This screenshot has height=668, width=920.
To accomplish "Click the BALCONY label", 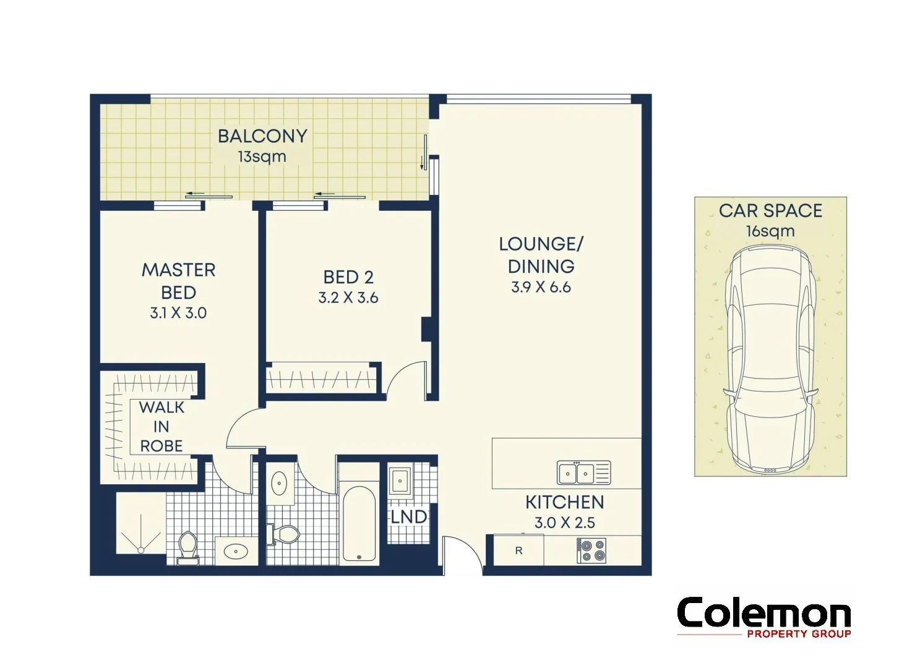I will [x=262, y=136].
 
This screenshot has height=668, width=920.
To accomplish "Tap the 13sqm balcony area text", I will [x=262, y=156].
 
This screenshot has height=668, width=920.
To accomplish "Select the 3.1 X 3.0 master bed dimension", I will [x=178, y=313].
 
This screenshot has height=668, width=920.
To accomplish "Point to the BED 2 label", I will [x=348, y=277].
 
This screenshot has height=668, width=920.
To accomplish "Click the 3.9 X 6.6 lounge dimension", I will [x=541, y=288].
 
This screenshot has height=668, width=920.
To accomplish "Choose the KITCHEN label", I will [x=564, y=502].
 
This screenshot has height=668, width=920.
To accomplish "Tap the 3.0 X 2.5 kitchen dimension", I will [x=564, y=523].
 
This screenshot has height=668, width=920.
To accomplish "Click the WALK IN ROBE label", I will [x=161, y=426].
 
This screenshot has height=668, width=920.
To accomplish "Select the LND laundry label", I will [x=408, y=516].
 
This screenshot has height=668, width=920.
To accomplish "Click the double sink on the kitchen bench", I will [x=583, y=473].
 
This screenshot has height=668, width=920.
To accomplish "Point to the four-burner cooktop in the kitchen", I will [x=591, y=550].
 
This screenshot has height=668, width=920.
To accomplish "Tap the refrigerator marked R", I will [x=518, y=550].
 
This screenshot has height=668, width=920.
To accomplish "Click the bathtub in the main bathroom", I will [x=359, y=524].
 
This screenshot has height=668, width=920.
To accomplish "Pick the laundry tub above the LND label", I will [x=400, y=480].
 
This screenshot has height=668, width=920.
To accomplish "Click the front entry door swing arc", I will [x=463, y=554].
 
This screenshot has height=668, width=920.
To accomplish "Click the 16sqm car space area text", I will [x=770, y=231].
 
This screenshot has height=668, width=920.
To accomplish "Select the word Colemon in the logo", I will [x=763, y=614].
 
